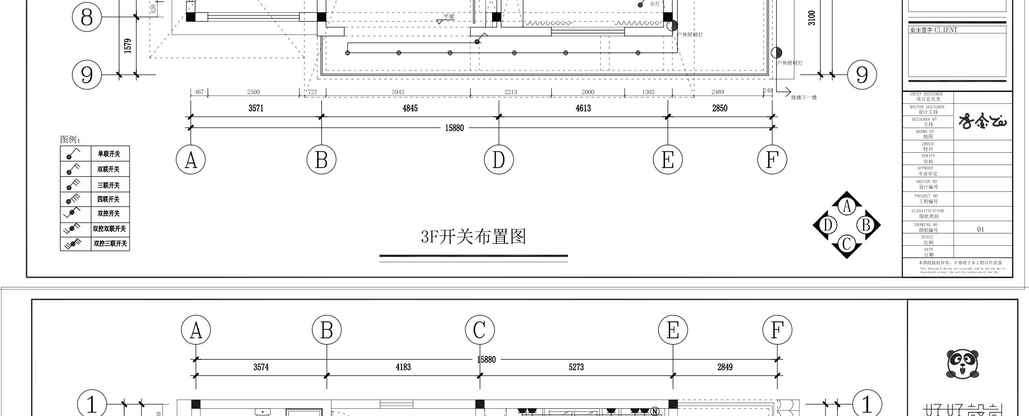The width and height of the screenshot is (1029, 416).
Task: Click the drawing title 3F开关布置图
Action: point(474,237)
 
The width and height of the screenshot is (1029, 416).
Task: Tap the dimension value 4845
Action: point(410,108)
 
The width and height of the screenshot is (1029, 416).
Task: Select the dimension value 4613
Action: point(583,108)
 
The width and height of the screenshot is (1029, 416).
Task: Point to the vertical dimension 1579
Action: point(128,45)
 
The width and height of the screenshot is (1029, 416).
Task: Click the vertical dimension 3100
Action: point(812,18)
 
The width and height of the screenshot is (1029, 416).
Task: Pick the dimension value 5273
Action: point(576,367)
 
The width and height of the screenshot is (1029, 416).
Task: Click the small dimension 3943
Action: point(398,92)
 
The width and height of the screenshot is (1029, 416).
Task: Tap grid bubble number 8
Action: point(86,17)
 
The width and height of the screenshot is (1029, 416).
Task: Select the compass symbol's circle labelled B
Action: point(866,225)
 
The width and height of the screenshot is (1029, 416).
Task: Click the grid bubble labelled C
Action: point(480,330)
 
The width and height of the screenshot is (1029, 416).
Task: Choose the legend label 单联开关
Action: point(109,154)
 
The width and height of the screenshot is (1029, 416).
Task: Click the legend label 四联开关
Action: point(109,199)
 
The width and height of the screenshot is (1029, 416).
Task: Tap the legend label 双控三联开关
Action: point(110,243)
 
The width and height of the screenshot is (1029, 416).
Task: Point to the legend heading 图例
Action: point(71,139)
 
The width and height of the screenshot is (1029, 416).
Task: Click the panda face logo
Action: point(962,364)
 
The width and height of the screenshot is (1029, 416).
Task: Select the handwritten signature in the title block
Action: point(983,121)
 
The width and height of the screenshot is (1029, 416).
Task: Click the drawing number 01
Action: point(980,229)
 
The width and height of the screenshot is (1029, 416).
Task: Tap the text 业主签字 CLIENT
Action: point(933,30)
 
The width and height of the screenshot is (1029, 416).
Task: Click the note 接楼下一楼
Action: point(804,97)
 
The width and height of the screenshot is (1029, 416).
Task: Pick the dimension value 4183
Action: point(403,367)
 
